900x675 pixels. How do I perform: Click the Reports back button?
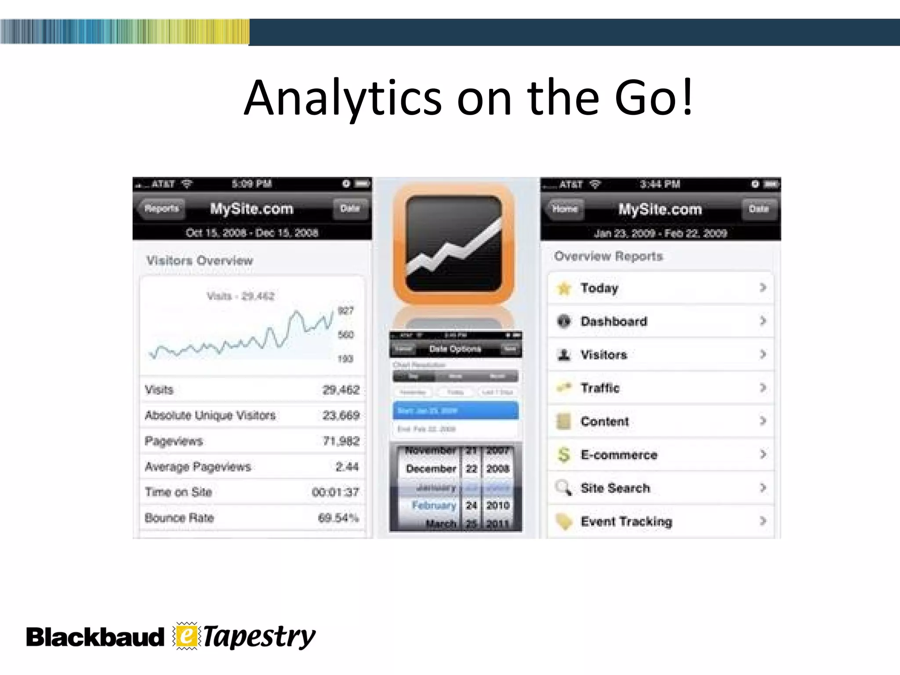pyautogui.click(x=161, y=208)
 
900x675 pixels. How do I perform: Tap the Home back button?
pyautogui.click(x=565, y=209)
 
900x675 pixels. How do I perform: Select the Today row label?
pyautogui.click(x=599, y=288)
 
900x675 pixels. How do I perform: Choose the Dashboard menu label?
pyautogui.click(x=613, y=322)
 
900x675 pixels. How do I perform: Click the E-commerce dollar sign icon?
pyautogui.click(x=564, y=454)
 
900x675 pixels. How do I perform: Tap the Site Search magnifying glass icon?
pyautogui.click(x=563, y=488)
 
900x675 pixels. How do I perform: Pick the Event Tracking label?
pyautogui.click(x=626, y=522)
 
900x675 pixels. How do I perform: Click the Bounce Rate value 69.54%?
pyautogui.click(x=338, y=518)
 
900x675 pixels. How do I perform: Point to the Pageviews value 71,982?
pyautogui.click(x=341, y=441)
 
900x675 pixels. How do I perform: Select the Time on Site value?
pyautogui.click(x=335, y=492)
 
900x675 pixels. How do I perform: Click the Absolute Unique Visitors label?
pyautogui.click(x=210, y=415)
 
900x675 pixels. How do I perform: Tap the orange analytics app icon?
pyautogui.click(x=454, y=244)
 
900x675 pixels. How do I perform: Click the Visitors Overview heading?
pyautogui.click(x=200, y=261)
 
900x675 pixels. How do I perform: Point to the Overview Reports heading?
pyautogui.click(x=608, y=256)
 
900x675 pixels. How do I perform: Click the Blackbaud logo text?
pyautogui.click(x=94, y=638)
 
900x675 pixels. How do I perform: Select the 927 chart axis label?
pyautogui.click(x=345, y=311)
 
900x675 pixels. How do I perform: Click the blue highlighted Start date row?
pyautogui.click(x=455, y=410)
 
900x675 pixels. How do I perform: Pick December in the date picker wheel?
pyautogui.click(x=431, y=469)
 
